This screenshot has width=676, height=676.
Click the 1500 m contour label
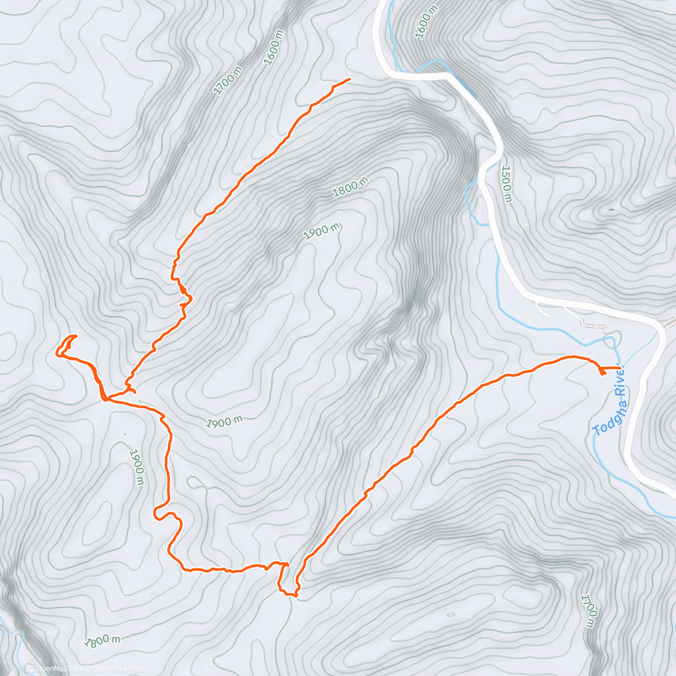click(507, 184)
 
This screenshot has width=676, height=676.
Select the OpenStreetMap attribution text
click(118, 669)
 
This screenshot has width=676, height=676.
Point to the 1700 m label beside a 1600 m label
click(228, 80)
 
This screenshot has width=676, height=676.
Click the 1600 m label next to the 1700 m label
click(273, 45)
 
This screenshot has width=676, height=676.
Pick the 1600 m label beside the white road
click(426, 22)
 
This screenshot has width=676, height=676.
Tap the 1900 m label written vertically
click(137, 467)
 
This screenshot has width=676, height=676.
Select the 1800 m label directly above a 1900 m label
click(350, 187)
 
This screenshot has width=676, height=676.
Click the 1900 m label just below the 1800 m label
click(322, 232)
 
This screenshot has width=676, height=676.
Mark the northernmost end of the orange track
click(349, 79)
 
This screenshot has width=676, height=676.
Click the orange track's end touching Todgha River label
click(620, 368)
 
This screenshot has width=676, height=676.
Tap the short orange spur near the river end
click(602, 372)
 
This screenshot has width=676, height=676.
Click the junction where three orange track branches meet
click(105, 399)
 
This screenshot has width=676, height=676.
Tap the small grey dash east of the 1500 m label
click(611, 210)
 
